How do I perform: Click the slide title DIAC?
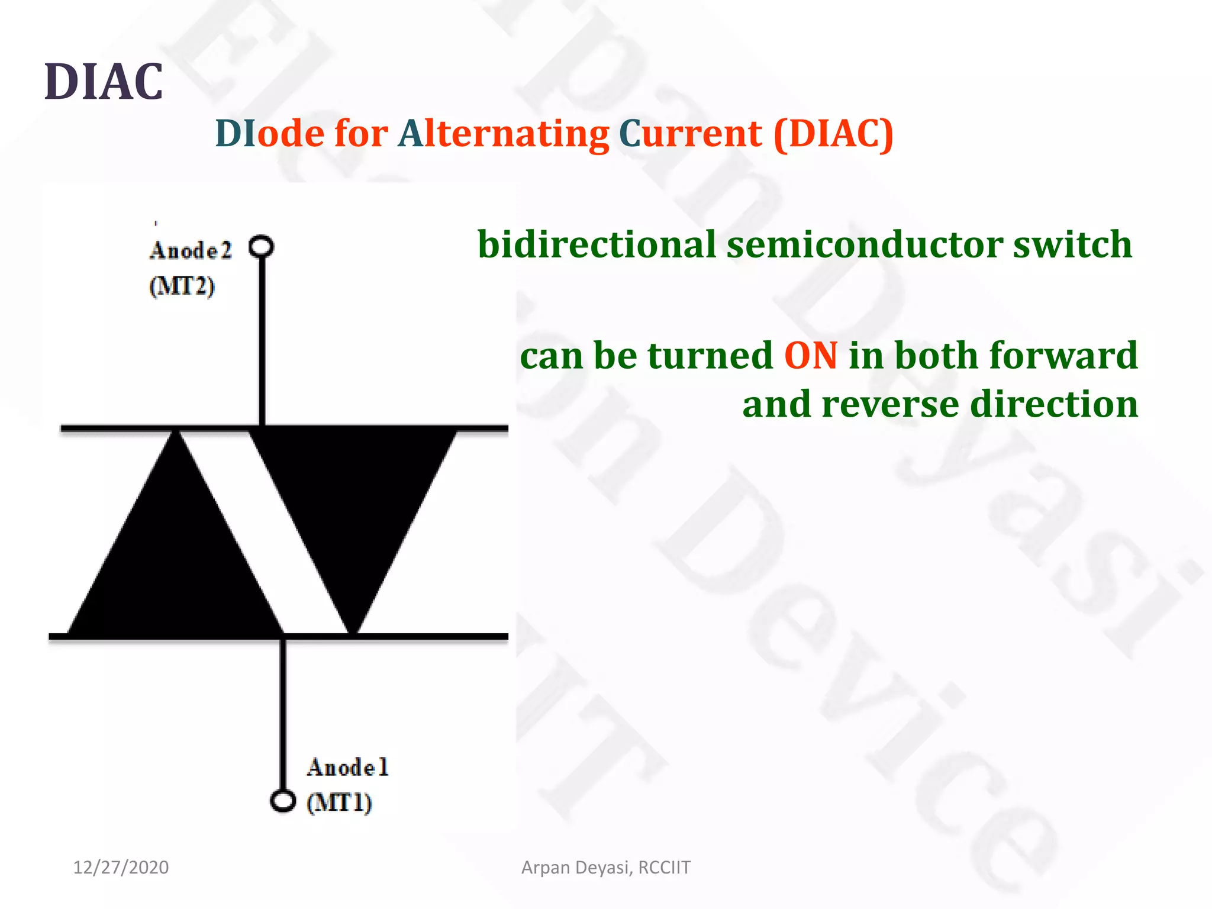(104, 82)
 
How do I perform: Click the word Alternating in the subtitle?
(504, 134)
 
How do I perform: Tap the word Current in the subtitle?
(690, 134)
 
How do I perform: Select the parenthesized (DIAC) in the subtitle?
(833, 134)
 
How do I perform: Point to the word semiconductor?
(865, 244)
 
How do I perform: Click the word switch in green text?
(1072, 244)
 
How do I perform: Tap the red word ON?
(811, 356)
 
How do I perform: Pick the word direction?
(1054, 404)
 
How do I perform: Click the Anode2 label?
(191, 251)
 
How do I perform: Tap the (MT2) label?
(182, 286)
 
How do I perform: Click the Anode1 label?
(348, 768)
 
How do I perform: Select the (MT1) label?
(339, 803)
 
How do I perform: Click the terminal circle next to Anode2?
(261, 246)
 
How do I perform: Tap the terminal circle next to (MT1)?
(282, 801)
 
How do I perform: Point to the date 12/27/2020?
(121, 868)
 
